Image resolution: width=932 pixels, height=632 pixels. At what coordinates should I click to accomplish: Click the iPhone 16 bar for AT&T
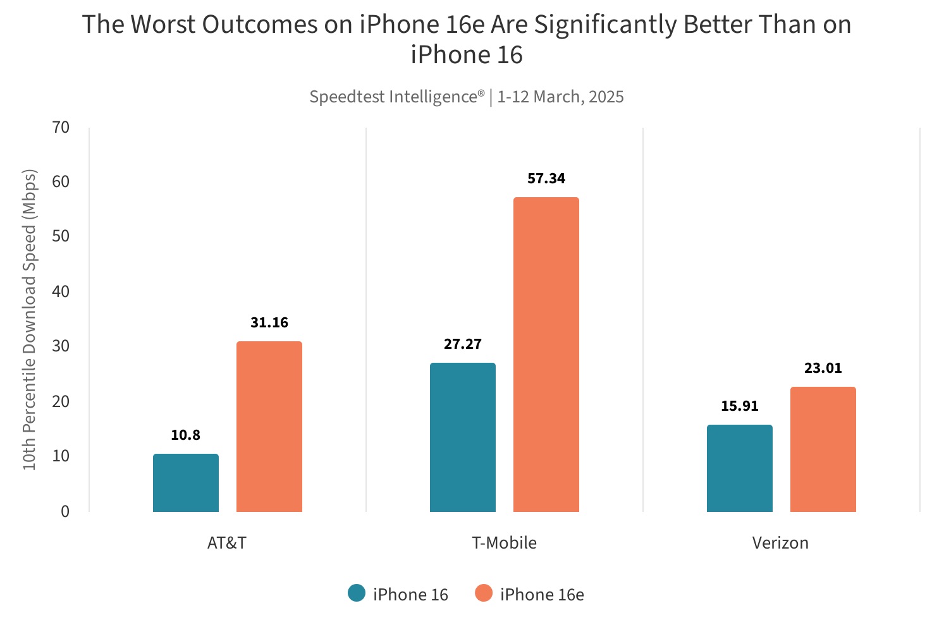click(x=185, y=483)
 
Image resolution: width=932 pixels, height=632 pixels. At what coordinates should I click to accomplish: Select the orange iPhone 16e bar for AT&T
click(x=269, y=427)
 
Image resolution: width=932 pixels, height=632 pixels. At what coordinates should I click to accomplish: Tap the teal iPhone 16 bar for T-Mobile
click(x=462, y=437)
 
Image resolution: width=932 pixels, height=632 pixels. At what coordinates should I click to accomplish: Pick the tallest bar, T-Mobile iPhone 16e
click(x=546, y=355)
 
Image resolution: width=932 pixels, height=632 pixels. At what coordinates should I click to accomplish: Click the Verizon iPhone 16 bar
click(x=739, y=468)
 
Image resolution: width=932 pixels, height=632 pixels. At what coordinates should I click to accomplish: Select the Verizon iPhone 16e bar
click(x=823, y=449)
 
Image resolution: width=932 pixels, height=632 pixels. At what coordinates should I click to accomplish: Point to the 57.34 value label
click(x=546, y=179)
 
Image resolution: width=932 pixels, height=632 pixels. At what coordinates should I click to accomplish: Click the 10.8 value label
click(x=185, y=435)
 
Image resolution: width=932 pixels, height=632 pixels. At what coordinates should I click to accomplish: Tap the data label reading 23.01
click(x=823, y=368)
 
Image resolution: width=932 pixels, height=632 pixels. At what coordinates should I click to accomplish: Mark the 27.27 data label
click(x=462, y=344)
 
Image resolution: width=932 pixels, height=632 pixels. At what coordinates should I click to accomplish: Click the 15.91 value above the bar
click(x=739, y=406)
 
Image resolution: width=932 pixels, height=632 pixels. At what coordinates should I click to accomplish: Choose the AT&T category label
click(x=226, y=543)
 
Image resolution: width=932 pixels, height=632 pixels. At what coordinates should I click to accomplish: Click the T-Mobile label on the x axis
click(x=504, y=543)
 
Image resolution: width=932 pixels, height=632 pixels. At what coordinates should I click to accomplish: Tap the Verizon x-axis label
click(x=780, y=543)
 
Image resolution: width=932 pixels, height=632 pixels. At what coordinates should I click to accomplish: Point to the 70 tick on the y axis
click(x=61, y=128)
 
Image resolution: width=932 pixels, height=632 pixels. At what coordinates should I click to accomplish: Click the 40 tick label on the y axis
click(x=61, y=292)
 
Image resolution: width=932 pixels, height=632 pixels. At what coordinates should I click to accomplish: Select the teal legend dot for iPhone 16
click(x=357, y=593)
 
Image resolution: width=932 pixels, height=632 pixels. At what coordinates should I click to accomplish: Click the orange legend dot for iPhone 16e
click(x=484, y=593)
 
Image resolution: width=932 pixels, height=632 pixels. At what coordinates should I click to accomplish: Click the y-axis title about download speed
click(x=30, y=319)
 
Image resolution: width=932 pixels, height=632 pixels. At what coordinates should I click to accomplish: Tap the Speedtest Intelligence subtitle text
click(x=466, y=97)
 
